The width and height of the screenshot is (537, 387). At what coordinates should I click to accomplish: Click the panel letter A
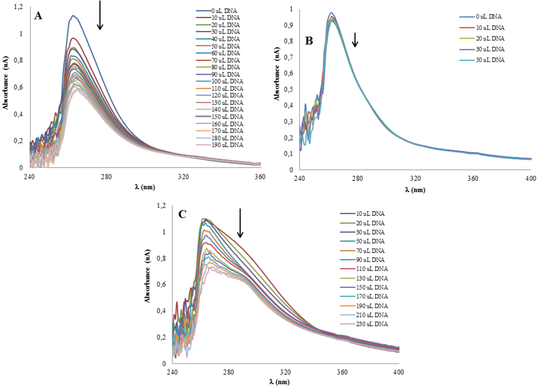[38, 16]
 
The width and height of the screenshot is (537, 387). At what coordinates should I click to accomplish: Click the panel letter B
[309, 41]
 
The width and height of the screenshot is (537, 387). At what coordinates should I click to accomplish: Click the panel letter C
[182, 215]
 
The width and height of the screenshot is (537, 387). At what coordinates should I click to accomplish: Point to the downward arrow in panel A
[100, 15]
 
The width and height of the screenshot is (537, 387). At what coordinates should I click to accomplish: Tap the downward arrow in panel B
[355, 40]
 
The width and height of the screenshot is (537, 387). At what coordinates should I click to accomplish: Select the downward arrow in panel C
[240, 223]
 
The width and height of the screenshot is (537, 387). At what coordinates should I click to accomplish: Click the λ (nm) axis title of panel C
[286, 383]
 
